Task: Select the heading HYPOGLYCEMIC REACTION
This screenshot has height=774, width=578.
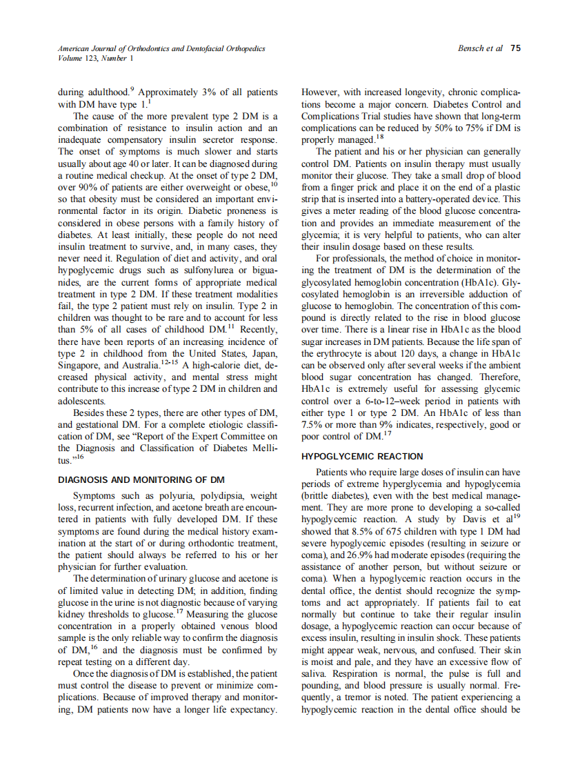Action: pos(362,457)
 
